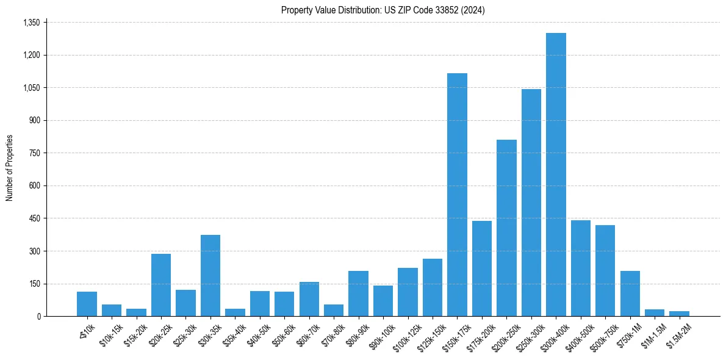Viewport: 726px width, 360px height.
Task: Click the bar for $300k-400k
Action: [556, 175]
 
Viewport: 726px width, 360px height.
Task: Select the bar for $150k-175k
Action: [457, 195]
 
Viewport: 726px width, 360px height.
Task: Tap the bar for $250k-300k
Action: [531, 203]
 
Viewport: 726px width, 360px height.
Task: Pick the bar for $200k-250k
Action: [506, 228]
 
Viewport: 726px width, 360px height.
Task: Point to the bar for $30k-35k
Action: [210, 276]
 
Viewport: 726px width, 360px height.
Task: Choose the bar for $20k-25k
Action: [161, 285]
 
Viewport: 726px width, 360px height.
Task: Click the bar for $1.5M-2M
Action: [679, 314]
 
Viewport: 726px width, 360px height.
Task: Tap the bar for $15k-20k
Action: [136, 312]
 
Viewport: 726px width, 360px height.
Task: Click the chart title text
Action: [383, 10]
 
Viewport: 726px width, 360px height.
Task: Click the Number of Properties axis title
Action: [9, 168]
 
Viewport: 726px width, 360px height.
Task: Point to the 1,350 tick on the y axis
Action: [31, 23]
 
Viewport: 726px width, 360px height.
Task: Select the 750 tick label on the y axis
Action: [34, 153]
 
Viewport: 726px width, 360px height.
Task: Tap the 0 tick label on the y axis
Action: [38, 316]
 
